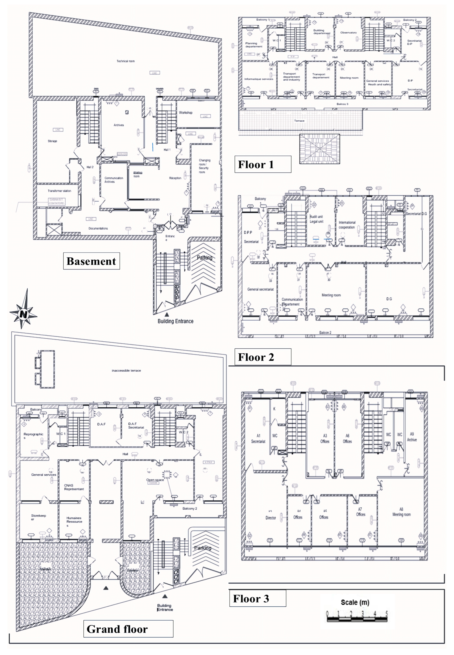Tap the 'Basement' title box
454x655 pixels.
pos(91,261)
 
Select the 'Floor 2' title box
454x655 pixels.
pos(262,357)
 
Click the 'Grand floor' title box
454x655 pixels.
pos(128,629)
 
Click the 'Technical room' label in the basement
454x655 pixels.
pos(125,61)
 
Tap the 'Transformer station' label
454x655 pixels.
pos(59,191)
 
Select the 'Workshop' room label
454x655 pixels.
pos(185,113)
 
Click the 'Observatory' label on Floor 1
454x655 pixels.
pos(348,33)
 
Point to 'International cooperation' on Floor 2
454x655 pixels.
pos(347,225)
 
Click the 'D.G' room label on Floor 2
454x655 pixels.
pos(389,299)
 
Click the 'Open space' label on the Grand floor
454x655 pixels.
pos(155,480)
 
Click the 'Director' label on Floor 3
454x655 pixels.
pos(271,518)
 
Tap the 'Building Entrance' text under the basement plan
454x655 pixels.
pos(175,321)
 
